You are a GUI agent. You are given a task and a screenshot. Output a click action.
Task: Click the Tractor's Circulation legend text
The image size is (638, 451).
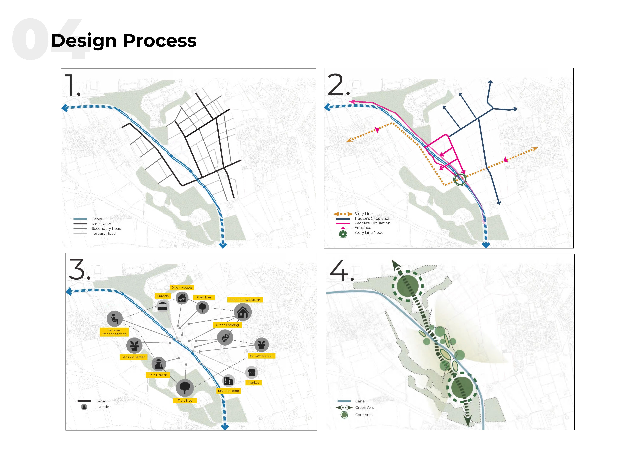pyautogui.click(x=372, y=218)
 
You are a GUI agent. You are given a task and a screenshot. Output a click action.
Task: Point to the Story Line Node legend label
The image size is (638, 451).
pyautogui.click(x=369, y=233)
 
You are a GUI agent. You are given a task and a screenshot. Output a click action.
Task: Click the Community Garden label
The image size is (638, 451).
pyautogui.click(x=245, y=300)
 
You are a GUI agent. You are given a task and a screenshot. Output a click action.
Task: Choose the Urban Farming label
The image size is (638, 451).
pyautogui.click(x=227, y=325)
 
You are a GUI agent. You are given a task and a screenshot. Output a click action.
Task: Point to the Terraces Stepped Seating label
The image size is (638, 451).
pyautogui.click(x=114, y=332)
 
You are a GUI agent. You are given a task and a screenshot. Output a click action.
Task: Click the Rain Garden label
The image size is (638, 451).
pyautogui.click(x=158, y=375)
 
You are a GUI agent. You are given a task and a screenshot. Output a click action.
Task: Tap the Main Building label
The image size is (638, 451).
pyautogui.click(x=228, y=391)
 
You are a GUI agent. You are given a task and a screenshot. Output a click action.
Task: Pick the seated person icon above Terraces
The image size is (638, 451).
pyautogui.click(x=114, y=318)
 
